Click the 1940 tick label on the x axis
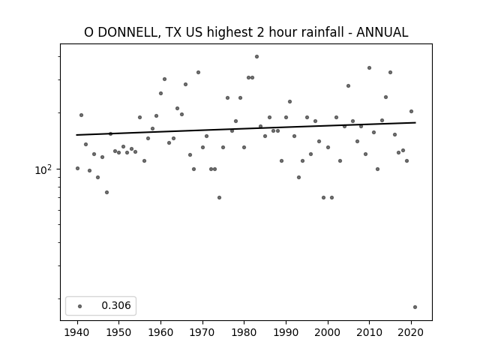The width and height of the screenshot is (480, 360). click(77, 332)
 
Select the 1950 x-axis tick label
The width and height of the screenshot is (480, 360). click(119, 332)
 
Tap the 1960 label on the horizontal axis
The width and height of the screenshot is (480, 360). click(160, 332)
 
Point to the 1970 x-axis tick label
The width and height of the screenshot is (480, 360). click(202, 332)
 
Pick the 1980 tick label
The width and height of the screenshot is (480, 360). click(244, 332)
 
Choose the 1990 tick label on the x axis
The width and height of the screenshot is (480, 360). click(286, 332)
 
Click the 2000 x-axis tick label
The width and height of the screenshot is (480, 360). click(328, 332)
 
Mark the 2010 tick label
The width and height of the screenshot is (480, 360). click(370, 332)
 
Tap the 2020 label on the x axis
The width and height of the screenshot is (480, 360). click(411, 332)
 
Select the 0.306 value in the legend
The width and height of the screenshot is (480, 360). click(116, 305)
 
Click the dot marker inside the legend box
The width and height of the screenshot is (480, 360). click(80, 306)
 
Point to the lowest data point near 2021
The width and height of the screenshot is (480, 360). click(415, 307)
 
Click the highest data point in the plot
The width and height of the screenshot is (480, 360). click(256, 57)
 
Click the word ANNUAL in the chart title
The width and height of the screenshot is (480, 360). click(382, 32)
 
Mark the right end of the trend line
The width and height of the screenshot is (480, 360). click(415, 122)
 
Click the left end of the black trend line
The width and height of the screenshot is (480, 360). click(76, 135)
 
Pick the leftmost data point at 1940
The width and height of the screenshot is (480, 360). click(77, 168)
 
